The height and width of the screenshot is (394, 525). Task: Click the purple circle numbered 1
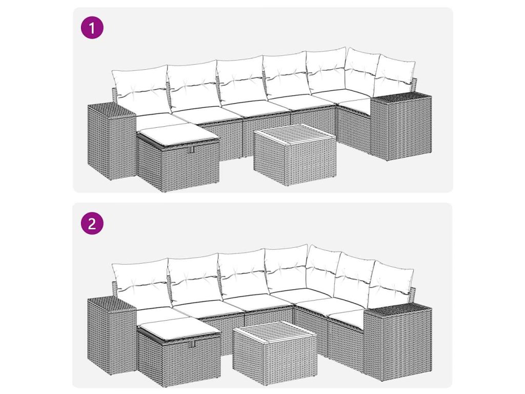(x=92, y=28)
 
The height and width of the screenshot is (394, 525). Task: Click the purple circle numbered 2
(x=92, y=223)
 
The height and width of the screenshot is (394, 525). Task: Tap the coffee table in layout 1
(x=295, y=155)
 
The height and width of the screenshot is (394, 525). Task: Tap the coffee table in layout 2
(x=275, y=349)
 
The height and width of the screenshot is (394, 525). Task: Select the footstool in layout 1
(x=178, y=157)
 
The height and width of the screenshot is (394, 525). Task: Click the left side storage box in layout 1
(x=111, y=142)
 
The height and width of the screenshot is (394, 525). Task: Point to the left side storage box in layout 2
(x=111, y=336)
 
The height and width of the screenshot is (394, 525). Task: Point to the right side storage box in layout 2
(x=398, y=340)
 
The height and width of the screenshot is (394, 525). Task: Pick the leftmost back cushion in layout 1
(x=140, y=87)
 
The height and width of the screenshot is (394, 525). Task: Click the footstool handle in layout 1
(x=192, y=150)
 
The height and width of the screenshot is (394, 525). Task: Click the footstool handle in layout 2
(x=193, y=344)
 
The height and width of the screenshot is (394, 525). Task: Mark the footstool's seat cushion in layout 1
(x=177, y=133)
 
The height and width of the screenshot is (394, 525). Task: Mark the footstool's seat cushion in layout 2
(x=178, y=327)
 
